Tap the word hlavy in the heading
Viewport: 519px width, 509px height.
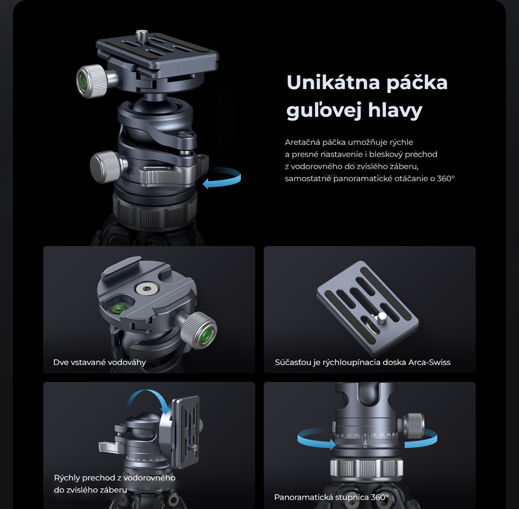click(395, 110)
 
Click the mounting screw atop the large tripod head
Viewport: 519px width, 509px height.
click(142, 35)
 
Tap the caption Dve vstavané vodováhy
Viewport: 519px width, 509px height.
click(99, 362)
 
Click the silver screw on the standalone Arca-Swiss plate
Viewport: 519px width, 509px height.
click(382, 317)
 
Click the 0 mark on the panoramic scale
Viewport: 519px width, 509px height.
click(365, 435)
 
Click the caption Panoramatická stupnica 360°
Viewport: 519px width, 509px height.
click(331, 497)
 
